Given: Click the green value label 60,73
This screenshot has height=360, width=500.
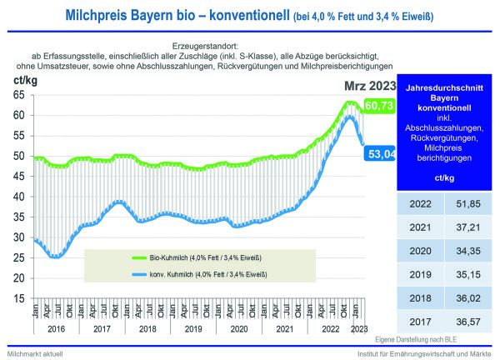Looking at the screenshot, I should [379, 105].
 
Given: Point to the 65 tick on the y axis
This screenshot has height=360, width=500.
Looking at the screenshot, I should [18, 94].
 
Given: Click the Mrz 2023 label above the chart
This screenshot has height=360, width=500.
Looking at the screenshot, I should [368, 85].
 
